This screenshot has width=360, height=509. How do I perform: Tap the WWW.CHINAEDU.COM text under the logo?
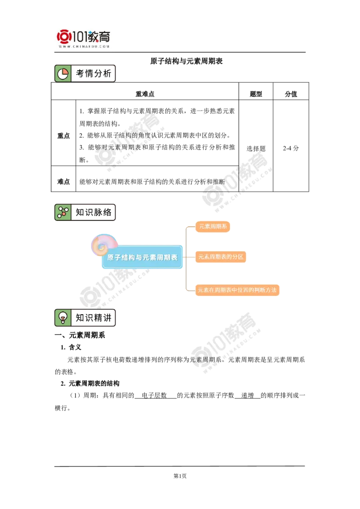(x=84, y=46)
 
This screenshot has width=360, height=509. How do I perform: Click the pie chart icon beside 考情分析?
(x=63, y=74)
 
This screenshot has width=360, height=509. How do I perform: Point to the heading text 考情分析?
(x=93, y=74)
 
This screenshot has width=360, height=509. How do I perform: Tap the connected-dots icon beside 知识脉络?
(x=63, y=212)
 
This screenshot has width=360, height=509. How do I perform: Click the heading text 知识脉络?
(x=93, y=212)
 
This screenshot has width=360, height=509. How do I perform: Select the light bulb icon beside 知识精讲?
(x=63, y=318)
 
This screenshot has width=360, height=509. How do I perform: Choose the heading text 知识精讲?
(x=93, y=318)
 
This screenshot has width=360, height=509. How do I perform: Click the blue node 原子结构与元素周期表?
(x=142, y=258)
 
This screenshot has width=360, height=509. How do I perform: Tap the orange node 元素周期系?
(x=213, y=227)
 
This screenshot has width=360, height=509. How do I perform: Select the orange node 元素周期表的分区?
(x=220, y=257)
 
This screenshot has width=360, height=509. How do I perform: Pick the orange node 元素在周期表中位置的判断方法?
(x=237, y=290)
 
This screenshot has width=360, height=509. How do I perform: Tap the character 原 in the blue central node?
(x=111, y=258)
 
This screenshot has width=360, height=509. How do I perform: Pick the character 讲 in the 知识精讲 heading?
(x=107, y=318)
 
